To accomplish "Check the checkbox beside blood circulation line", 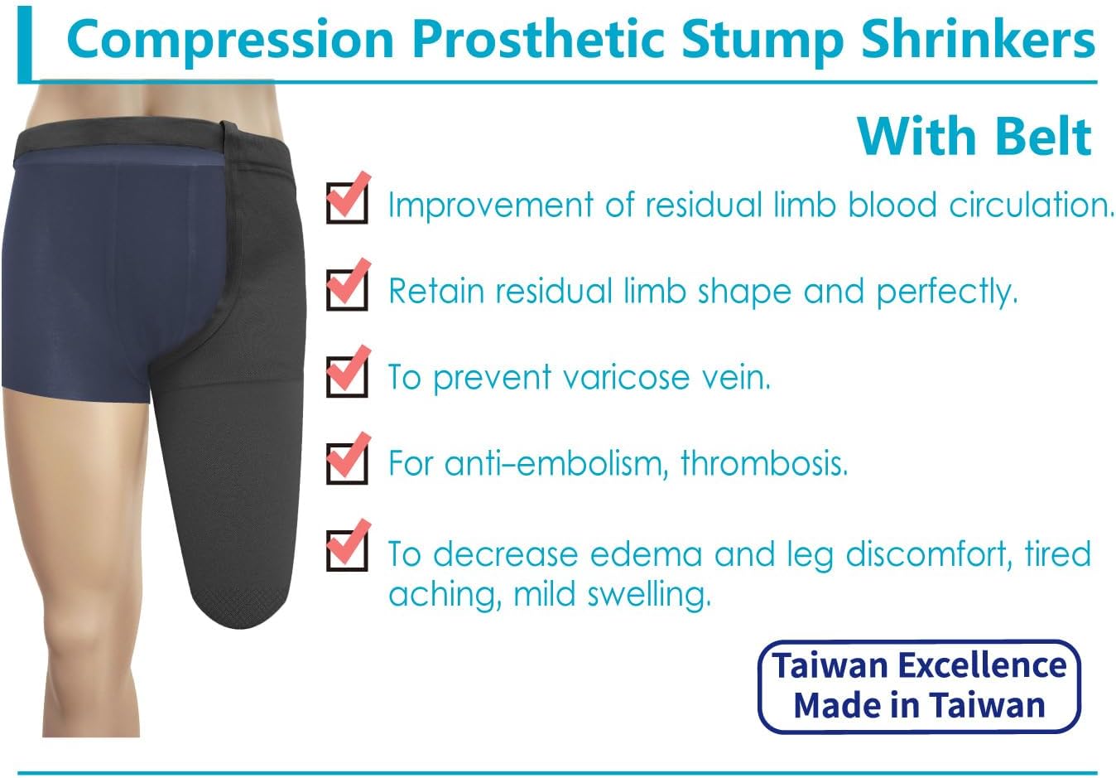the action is (x=347, y=202).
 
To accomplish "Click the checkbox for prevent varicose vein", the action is (x=347, y=376).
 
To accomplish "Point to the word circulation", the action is (x=1031, y=205).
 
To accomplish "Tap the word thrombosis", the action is (x=764, y=463).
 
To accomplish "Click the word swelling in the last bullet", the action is (x=649, y=595).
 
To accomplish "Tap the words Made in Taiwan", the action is (x=919, y=705).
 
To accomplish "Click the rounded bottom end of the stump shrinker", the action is (x=239, y=621).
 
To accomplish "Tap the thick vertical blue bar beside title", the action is (x=24, y=44).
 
